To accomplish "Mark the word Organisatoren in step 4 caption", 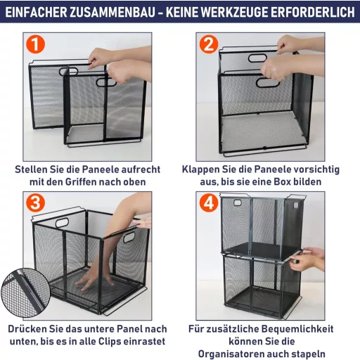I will (250, 354).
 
